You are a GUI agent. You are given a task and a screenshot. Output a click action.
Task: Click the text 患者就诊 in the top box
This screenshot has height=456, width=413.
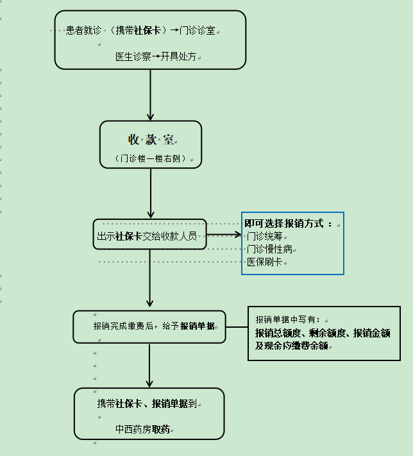[83, 30]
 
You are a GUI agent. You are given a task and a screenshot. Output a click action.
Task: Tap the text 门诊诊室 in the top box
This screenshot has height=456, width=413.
[198, 30]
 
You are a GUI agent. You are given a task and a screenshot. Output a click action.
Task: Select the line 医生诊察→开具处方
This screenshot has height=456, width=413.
[154, 56]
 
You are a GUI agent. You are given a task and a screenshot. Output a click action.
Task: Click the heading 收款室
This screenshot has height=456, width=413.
[151, 140]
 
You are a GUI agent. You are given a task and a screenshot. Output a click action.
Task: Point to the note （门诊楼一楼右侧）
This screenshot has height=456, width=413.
[151, 158]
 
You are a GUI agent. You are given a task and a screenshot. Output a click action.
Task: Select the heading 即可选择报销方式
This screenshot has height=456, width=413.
[289, 224]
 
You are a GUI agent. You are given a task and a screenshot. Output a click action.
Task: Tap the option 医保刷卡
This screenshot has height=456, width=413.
[264, 262]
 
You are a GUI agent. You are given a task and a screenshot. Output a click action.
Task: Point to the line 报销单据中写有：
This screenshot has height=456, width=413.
[290, 319]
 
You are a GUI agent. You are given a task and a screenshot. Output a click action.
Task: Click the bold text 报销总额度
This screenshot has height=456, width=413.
[278, 333]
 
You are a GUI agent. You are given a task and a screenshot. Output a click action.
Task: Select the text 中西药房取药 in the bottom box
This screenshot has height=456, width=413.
[142, 429]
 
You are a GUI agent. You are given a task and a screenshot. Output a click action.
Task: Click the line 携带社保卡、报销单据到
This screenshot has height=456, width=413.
[147, 403]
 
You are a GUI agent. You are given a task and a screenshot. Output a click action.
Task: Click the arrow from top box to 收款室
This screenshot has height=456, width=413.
[151, 95]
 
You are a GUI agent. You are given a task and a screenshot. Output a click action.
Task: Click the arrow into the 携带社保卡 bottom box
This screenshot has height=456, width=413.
[149, 366]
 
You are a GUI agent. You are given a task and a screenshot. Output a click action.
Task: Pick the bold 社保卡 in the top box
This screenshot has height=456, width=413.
[147, 30]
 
